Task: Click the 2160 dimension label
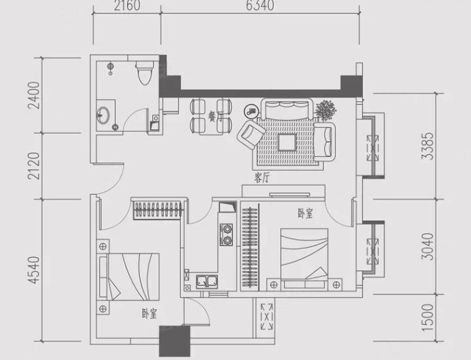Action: tap(127, 5)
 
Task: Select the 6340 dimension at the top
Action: tap(260, 5)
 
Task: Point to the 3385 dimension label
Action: tap(428, 146)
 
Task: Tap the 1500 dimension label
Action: tap(428, 318)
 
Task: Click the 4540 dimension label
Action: tap(34, 270)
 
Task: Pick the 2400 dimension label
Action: tap(34, 95)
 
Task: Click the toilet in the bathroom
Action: tap(145, 73)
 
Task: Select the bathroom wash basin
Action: tap(103, 115)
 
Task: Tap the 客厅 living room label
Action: tap(262, 179)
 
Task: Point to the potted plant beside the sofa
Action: tap(326, 110)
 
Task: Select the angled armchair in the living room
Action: tap(251, 134)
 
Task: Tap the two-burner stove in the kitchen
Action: tap(226, 234)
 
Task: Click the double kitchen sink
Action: tap(207, 281)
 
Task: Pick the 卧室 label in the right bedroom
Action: tap(305, 213)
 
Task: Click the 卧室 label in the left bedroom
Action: tap(150, 314)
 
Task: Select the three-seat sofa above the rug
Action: tap(287, 109)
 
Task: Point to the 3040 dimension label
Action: tap(428, 247)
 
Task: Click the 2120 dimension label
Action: tap(34, 166)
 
